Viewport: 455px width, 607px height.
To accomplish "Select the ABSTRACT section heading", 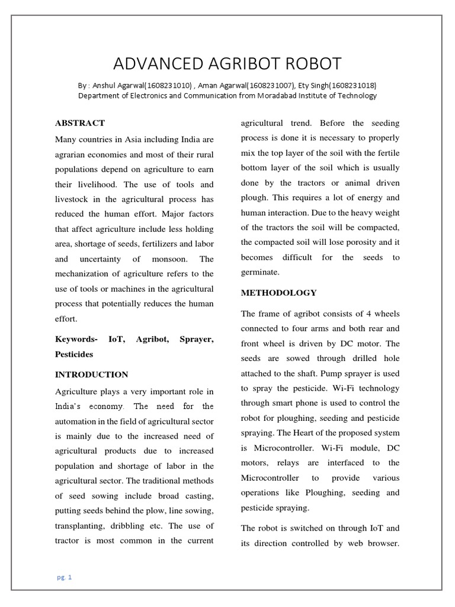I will pos(80,123).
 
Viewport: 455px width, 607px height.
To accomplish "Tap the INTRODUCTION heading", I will pos(91,375).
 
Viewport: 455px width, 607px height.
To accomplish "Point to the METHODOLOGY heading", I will pos(278,293).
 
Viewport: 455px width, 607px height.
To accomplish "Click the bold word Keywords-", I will pos(76,339).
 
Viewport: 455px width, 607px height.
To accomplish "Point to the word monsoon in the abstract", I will pos(168,259).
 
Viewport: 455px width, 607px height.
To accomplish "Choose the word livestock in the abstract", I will pos(75,199).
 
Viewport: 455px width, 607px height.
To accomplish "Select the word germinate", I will pos(259,271).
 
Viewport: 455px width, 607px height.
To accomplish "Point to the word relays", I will pos(310,462).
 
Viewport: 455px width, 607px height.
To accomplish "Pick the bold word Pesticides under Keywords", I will pos(74,354).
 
